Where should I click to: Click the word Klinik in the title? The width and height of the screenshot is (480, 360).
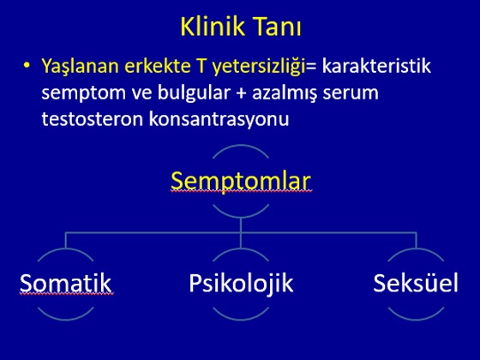[213, 27]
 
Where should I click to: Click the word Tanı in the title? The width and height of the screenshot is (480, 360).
[277, 27]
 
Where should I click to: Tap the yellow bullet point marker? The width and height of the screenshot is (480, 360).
[27, 65]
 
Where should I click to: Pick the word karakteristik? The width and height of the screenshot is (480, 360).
[376, 65]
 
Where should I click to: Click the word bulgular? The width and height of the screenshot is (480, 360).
[194, 93]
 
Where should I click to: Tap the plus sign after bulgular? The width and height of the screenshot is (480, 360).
[241, 93]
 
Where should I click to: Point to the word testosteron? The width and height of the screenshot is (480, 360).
[93, 119]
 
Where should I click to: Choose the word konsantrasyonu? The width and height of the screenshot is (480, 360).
[219, 120]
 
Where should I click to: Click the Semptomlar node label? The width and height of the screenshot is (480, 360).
[241, 182]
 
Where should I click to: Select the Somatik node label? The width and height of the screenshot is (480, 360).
[65, 283]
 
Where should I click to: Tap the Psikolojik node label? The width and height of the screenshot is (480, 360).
[241, 284]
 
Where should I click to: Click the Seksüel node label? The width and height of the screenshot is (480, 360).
[416, 283]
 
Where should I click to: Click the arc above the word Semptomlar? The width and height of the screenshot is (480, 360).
[241, 146]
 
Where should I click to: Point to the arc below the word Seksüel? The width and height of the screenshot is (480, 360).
[416, 319]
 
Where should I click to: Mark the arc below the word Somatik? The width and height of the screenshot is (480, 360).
[65, 319]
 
